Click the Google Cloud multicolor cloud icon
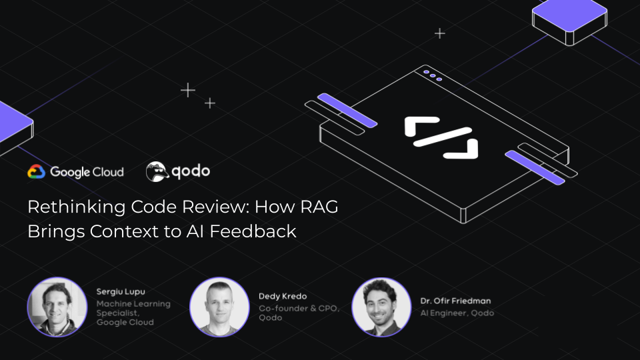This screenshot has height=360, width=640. [x=36, y=172]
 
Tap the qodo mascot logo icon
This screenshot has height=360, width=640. [x=157, y=171]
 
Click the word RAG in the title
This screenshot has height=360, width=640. [x=319, y=207]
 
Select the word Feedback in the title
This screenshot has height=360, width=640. [x=253, y=231]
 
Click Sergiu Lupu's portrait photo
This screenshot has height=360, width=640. [x=57, y=307]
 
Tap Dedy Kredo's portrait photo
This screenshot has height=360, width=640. [x=219, y=307]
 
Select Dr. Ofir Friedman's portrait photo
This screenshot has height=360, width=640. [x=381, y=307]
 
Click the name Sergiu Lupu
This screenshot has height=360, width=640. [x=121, y=292]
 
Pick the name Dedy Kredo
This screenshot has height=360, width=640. [x=283, y=296]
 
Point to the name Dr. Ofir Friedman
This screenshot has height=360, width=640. [x=455, y=301]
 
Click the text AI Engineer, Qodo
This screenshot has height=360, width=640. [x=457, y=313]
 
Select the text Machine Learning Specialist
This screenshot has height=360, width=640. [x=133, y=309]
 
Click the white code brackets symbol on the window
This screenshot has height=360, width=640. [x=441, y=137]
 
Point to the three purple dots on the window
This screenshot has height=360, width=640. [x=433, y=75]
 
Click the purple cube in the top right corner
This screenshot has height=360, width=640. [x=570, y=21]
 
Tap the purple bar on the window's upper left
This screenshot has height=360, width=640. [x=347, y=111]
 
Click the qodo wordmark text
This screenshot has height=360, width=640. [x=191, y=171]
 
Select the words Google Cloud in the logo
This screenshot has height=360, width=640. [x=87, y=172]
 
